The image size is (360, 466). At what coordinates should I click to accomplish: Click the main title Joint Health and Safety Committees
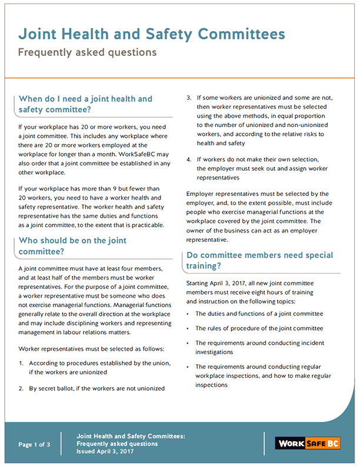[151, 34]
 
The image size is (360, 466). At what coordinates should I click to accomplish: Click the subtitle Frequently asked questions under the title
[87, 52]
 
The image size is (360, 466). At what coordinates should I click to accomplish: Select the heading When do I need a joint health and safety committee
[85, 104]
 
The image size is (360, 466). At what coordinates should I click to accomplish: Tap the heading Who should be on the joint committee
[72, 245]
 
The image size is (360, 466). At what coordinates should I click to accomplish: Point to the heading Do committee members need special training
[259, 261]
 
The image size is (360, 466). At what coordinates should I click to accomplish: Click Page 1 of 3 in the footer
[34, 444]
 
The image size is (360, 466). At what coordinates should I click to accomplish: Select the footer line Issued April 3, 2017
[105, 451]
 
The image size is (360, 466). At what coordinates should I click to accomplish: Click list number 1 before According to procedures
[21, 363]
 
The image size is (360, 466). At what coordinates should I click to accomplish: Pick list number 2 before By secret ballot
[21, 388]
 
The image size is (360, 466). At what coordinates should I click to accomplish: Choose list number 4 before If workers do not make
[189, 159]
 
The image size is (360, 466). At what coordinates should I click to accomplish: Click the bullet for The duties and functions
[188, 314]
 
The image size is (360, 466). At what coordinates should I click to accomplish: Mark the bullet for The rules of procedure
[188, 328]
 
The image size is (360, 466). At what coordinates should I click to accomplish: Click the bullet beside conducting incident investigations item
[188, 343]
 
